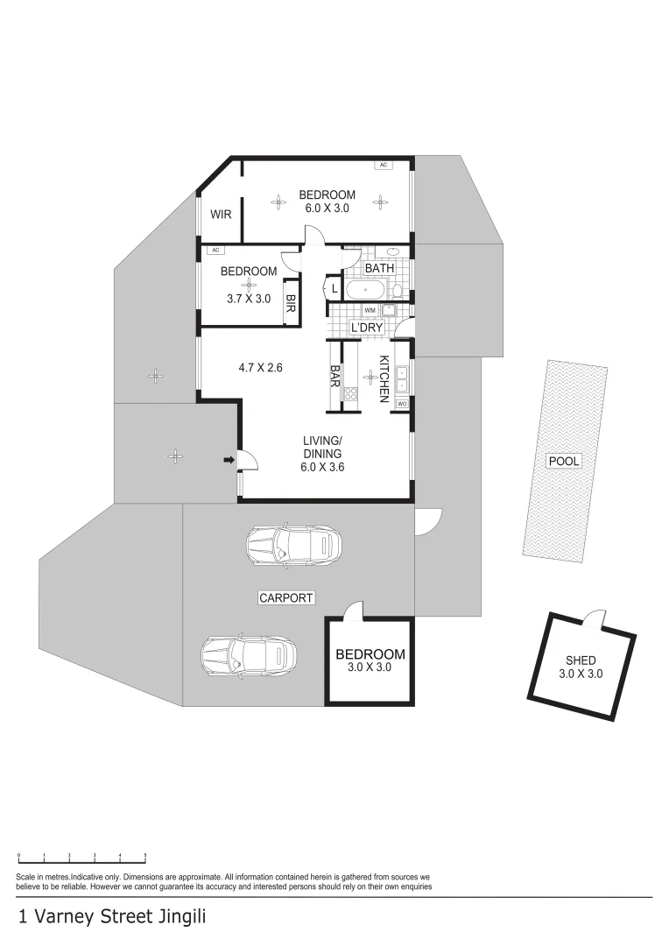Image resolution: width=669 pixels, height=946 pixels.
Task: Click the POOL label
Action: pyautogui.click(x=563, y=462)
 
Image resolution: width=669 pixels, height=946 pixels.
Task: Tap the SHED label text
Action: pyautogui.click(x=581, y=660)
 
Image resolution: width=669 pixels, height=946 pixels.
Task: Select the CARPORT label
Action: pyautogui.click(x=286, y=598)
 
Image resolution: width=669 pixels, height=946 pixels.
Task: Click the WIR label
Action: pyautogui.click(x=221, y=215)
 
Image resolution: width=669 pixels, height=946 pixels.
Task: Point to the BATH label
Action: pyautogui.click(x=379, y=268)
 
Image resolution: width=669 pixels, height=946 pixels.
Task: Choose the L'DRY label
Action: pyautogui.click(x=368, y=328)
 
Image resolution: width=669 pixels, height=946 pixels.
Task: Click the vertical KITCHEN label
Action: pyautogui.click(x=384, y=379)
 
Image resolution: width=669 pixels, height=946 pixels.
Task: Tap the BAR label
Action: pyautogui.click(x=334, y=376)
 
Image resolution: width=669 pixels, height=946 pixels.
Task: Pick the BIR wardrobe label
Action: pyautogui.click(x=290, y=303)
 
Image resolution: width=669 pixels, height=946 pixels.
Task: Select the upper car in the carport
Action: pyautogui.click(x=293, y=545)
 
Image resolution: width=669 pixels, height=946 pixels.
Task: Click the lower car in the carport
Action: pyautogui.click(x=250, y=655)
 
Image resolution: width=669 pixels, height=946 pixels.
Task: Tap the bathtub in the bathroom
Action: pyautogui.click(x=364, y=290)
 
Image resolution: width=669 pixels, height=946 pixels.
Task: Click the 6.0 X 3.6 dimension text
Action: pyautogui.click(x=322, y=466)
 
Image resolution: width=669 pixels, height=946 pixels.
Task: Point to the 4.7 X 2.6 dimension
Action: pyautogui.click(x=261, y=367)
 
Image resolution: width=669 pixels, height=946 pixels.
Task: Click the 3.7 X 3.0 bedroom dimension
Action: pyautogui.click(x=249, y=298)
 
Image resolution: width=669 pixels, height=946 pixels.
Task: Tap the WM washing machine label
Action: pyautogui.click(x=370, y=310)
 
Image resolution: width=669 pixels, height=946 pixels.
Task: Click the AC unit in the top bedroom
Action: pyautogui.click(x=383, y=165)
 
